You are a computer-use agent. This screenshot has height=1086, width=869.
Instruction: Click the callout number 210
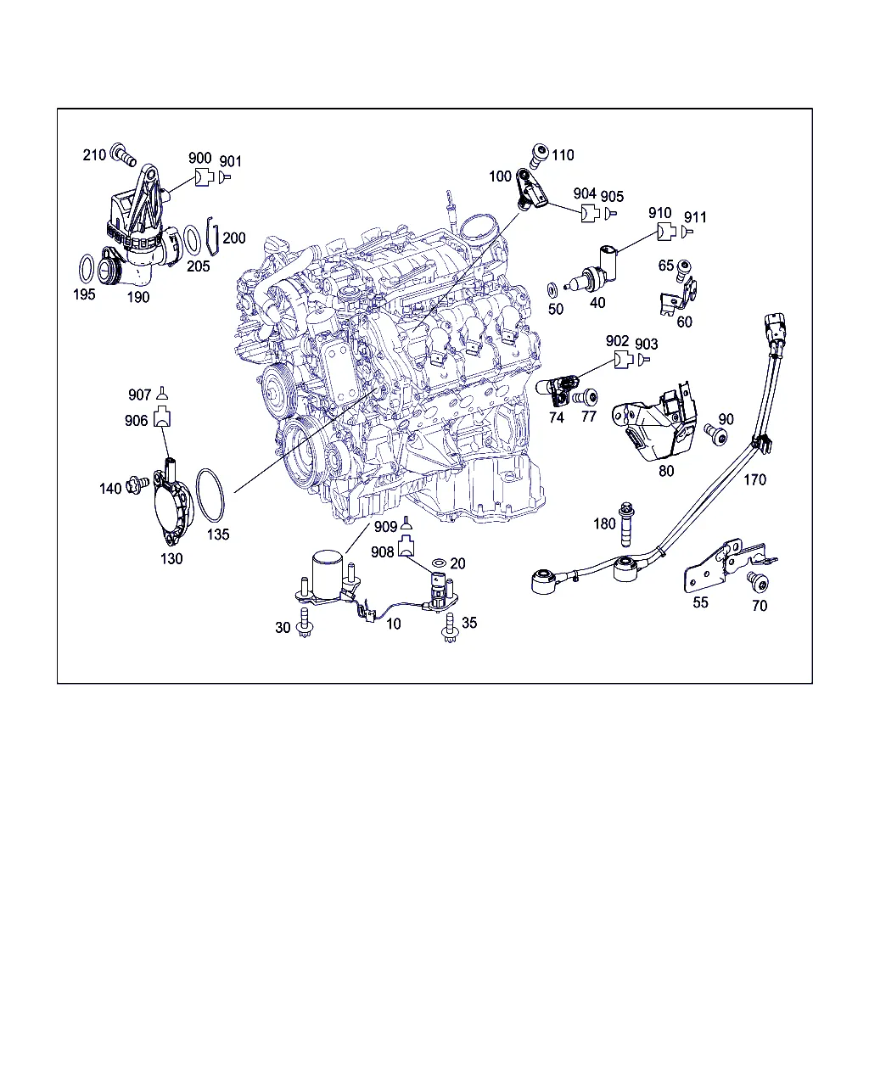click(94, 155)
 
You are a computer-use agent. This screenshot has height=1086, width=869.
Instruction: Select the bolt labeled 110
click(539, 155)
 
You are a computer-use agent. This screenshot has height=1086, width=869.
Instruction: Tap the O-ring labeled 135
click(210, 495)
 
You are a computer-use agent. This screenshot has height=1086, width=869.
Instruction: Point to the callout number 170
click(754, 479)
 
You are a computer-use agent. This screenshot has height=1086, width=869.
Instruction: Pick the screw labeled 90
click(716, 434)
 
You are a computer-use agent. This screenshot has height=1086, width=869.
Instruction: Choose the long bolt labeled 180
click(626, 524)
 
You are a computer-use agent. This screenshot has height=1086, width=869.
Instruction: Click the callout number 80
click(666, 471)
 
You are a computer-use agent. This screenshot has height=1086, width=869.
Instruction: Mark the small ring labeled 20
click(439, 563)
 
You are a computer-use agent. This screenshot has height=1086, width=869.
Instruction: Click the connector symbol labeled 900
click(204, 177)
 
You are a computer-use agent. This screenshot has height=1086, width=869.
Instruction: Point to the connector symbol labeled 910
click(666, 232)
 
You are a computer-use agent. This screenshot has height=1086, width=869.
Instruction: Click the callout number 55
click(700, 602)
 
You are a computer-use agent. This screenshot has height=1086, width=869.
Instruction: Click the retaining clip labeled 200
click(212, 237)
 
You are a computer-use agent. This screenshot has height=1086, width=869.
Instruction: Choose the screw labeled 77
click(586, 397)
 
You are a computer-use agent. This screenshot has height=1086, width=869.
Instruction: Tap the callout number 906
click(136, 420)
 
